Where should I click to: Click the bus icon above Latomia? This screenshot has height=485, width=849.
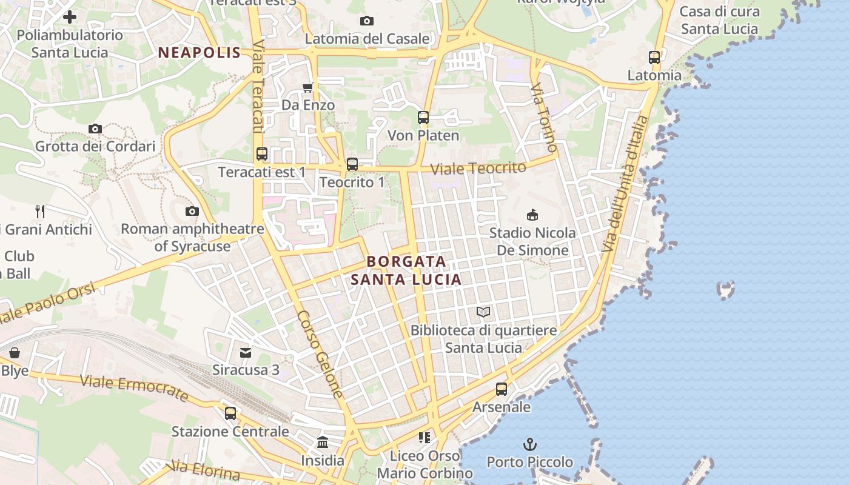(x=654, y=58)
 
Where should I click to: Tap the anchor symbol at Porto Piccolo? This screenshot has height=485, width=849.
(x=530, y=444)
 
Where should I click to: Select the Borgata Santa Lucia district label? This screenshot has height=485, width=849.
(x=406, y=270)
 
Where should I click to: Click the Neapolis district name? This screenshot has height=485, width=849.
(x=200, y=53)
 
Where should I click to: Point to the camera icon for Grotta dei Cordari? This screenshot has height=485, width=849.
(x=95, y=129)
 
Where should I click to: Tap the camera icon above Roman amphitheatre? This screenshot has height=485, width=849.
(x=192, y=211)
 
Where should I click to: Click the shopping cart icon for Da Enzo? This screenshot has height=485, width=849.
(x=308, y=87)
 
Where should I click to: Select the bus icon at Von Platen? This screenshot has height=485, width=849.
(x=423, y=118)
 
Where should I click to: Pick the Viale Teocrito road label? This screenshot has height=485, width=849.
(x=478, y=168)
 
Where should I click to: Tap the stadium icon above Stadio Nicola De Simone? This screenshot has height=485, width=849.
(x=532, y=215)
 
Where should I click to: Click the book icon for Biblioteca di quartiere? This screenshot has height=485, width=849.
(x=483, y=312)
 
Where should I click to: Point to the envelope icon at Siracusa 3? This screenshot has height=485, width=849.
(x=246, y=352)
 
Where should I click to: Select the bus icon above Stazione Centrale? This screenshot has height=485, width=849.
(x=230, y=413)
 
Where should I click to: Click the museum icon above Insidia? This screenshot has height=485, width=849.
(x=323, y=443)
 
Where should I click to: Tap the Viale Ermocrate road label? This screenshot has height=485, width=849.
(x=134, y=388)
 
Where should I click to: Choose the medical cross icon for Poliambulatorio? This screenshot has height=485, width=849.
(x=70, y=17)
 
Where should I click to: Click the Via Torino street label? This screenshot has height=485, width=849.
(x=543, y=118)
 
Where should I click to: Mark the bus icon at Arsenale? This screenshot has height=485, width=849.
(x=502, y=389)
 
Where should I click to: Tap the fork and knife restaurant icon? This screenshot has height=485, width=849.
(x=40, y=212)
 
